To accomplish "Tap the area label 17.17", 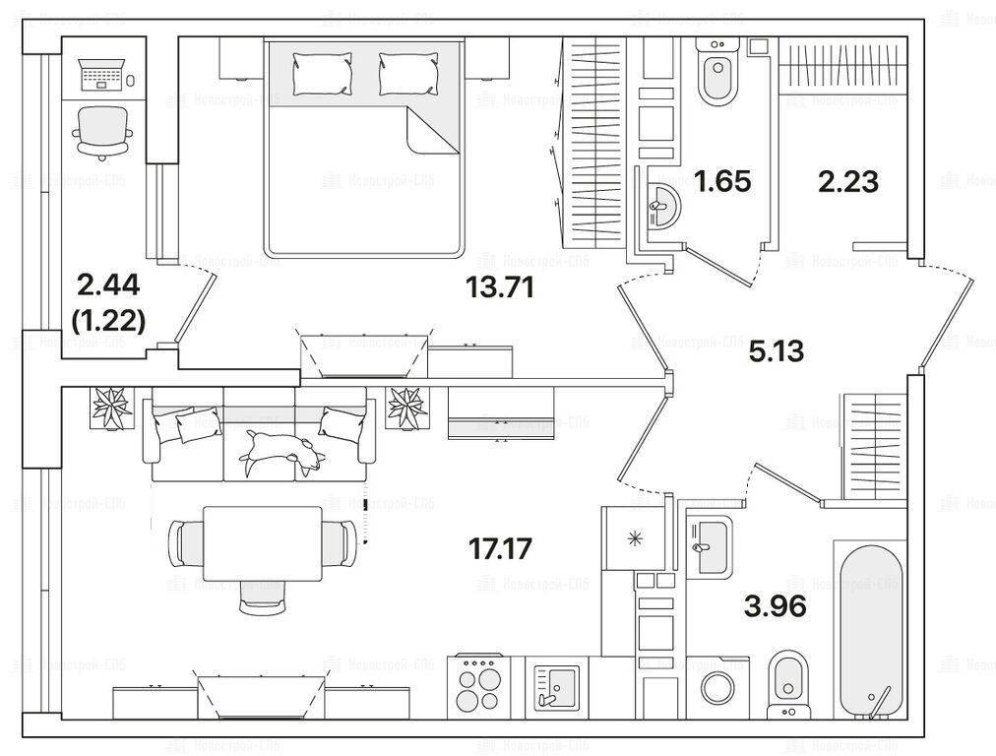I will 502,548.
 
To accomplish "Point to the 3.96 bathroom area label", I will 776,605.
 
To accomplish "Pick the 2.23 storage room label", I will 847,181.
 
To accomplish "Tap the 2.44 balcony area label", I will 108,286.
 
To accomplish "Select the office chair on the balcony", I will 103,129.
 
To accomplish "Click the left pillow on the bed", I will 321,74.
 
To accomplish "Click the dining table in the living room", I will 263,543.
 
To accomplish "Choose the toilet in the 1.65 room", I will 716,73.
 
